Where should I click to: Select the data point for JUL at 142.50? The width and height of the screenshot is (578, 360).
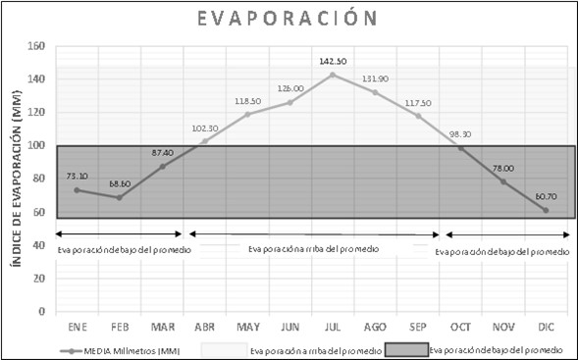[333, 75]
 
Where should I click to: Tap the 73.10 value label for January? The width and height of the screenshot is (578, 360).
[77, 177]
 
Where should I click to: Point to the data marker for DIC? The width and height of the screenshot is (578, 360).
[546, 210]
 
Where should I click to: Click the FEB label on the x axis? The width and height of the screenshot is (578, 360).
[120, 327]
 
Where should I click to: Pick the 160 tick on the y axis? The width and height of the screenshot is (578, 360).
[36, 46]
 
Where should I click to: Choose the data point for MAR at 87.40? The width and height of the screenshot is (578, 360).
[163, 166]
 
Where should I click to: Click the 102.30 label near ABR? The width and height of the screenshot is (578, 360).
[204, 129]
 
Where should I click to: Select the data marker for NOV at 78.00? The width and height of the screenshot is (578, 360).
[503, 181]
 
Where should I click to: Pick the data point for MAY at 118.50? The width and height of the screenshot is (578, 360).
[247, 114]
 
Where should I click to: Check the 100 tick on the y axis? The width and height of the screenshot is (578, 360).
[36, 146]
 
